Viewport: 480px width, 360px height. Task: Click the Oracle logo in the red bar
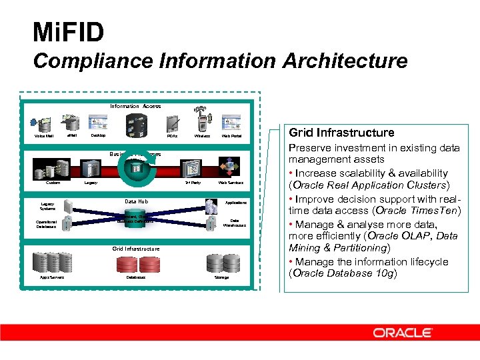402,332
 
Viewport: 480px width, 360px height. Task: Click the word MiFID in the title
69,31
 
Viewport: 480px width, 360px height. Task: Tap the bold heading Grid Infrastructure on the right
341,133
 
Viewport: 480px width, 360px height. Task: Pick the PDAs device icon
172,124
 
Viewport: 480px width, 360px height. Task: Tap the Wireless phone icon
203,123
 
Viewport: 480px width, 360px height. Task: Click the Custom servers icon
52,168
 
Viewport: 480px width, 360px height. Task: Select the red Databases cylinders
136,264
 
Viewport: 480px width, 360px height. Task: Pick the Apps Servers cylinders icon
52,263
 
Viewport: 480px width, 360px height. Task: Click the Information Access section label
135,106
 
